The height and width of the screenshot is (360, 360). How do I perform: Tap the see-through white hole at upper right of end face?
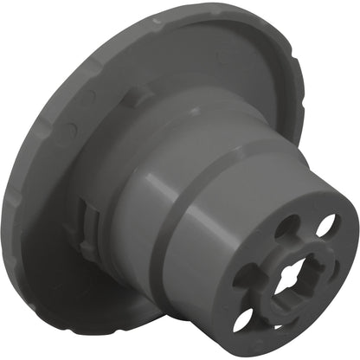[326, 227]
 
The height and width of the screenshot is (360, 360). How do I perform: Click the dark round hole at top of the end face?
[286, 226]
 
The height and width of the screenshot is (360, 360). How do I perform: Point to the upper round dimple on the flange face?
[87, 97]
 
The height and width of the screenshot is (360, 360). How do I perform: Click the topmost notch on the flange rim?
[156, 16]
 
